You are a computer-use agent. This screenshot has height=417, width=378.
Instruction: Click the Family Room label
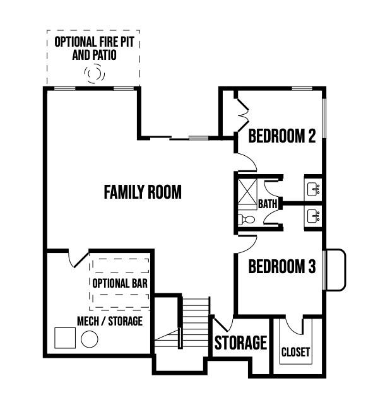pos(143,192)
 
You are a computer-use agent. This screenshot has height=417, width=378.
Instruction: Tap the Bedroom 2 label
pos(282,136)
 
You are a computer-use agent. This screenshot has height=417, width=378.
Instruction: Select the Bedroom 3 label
pos(282,266)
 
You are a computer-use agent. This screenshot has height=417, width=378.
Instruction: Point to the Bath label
pos(268,204)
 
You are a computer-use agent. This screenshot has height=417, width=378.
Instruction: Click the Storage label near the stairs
pos(240,343)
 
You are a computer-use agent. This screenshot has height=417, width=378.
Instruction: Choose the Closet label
pos(295,352)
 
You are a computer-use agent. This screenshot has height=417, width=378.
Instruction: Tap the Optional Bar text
pos(120,283)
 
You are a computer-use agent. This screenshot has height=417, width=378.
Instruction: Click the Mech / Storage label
pos(110,321)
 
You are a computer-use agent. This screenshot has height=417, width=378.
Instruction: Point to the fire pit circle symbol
pos(95,73)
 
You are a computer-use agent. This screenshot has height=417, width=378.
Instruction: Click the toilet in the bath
pos(246,220)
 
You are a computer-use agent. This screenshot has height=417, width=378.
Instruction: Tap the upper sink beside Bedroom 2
pos(314,189)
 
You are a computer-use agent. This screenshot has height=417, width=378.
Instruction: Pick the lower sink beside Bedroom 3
pos(314,216)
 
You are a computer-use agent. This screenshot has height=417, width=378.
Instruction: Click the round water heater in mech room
pos(90,339)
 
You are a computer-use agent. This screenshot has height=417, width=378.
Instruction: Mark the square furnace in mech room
pos(65,338)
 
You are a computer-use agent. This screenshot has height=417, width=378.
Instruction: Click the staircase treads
pos(196,323)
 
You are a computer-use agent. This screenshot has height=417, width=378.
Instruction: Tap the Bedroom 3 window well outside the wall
pos(336,269)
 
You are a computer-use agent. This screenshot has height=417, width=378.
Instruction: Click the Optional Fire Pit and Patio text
pos(94,49)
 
